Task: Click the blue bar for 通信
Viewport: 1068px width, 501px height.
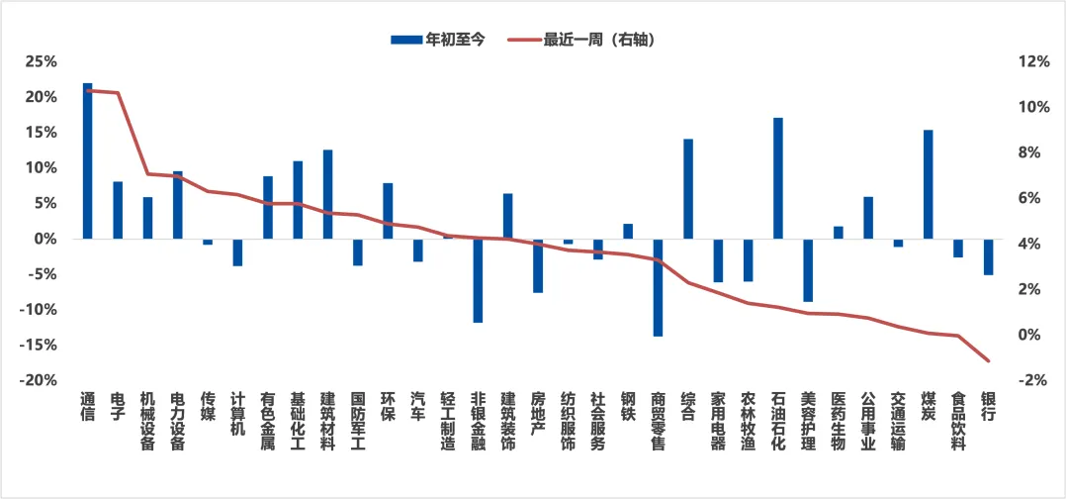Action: (x=88, y=161)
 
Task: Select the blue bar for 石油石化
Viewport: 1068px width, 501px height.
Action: (x=778, y=178)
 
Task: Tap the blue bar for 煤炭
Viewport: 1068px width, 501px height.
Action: (x=928, y=184)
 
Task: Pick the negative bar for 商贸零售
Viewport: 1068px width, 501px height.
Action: (x=658, y=287)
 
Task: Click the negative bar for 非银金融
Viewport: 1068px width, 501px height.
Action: (x=478, y=280)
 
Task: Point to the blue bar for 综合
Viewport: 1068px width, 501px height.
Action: (x=688, y=189)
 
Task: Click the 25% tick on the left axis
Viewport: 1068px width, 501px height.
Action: (x=41, y=61)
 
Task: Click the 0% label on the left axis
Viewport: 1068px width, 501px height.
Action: (x=44, y=240)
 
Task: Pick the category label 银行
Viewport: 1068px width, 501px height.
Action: (x=988, y=407)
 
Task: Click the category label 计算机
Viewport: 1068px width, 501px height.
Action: (x=237, y=414)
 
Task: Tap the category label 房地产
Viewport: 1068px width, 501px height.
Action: (x=538, y=414)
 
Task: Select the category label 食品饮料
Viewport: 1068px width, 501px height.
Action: (x=957, y=421)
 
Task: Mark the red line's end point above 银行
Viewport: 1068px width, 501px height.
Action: (x=988, y=360)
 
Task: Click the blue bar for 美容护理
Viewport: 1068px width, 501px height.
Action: (x=808, y=270)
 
